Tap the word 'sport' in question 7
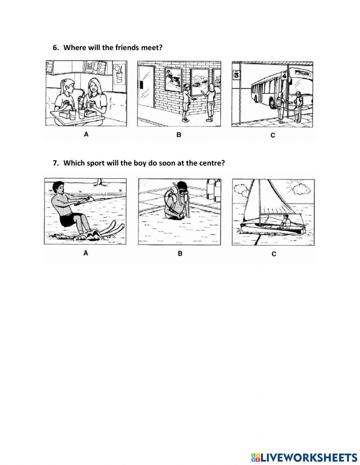94,163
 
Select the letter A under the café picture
86,134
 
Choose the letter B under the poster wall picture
179,135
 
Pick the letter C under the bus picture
273,135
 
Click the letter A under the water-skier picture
86,253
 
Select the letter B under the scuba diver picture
180,254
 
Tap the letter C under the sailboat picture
274,254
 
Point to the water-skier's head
58,188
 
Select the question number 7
55,163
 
